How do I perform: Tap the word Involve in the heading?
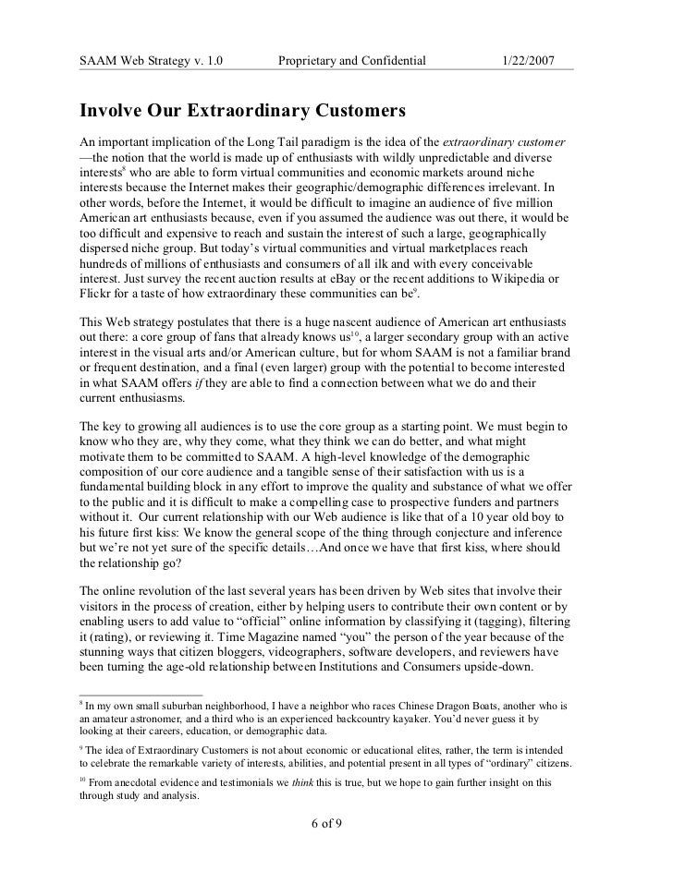pos(114,113)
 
